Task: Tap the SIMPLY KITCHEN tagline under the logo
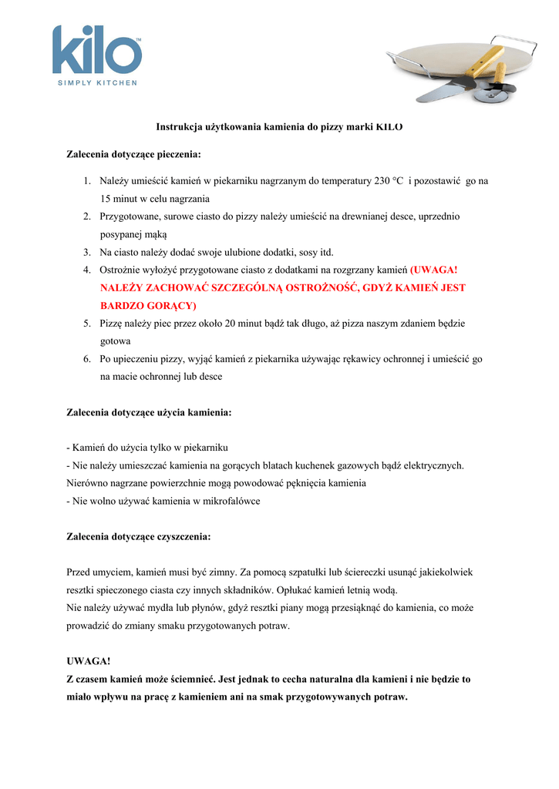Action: click(97, 82)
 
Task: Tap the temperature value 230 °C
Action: click(389, 181)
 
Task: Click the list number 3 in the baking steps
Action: click(87, 252)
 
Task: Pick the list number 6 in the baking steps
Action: click(87, 359)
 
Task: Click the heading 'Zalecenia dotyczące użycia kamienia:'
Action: click(149, 412)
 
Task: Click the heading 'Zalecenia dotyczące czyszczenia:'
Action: click(139, 536)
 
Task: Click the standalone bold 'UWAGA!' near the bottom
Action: click(89, 661)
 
